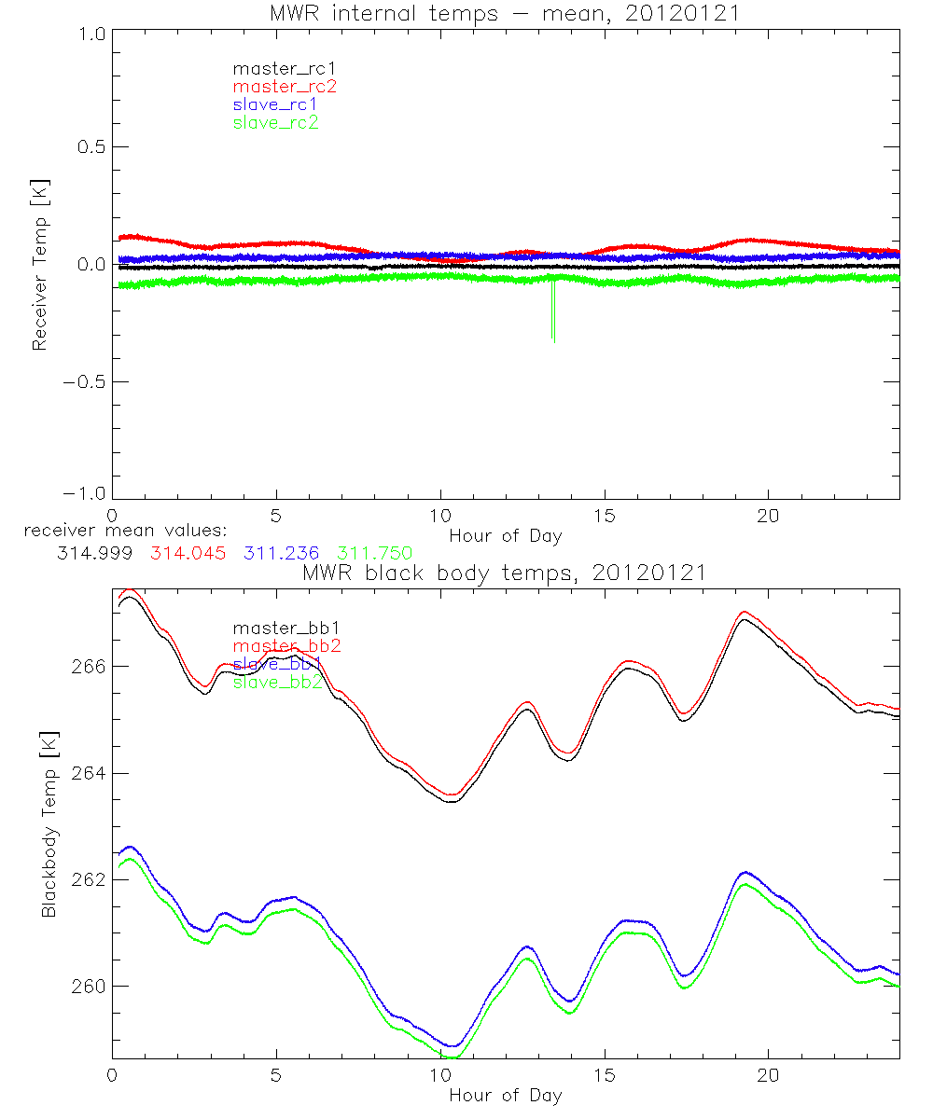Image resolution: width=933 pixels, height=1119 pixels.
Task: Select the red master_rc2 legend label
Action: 284,86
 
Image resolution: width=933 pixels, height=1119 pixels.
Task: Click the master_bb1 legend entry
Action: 278,629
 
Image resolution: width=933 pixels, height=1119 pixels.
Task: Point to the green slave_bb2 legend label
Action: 278,683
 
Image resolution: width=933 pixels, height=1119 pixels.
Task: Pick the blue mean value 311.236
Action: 283,553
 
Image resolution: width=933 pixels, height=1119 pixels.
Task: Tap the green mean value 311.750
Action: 375,553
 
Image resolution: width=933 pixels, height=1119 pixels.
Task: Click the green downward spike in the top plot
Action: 553,312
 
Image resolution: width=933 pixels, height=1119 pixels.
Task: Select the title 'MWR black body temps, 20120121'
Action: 505,573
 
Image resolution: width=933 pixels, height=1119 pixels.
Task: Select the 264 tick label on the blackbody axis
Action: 87,774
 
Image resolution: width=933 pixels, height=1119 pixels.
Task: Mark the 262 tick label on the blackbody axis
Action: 87,880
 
